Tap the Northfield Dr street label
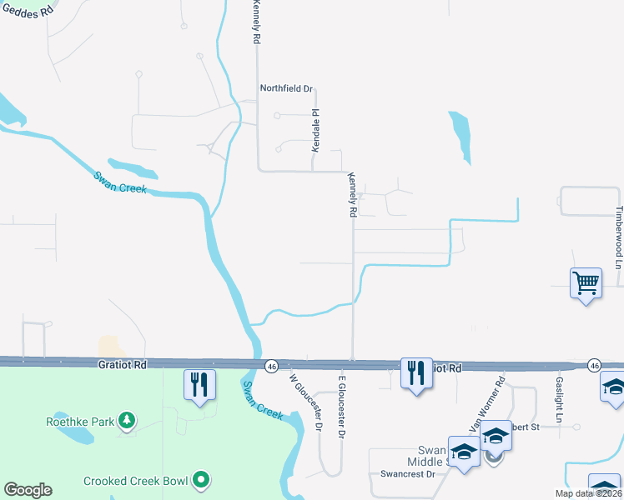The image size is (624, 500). [285, 88]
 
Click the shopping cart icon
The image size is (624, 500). [586, 283]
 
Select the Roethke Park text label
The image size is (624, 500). [79, 422]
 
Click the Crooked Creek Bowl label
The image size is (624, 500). [135, 481]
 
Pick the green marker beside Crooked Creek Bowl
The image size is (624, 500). [200, 481]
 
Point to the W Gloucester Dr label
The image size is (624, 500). [306, 402]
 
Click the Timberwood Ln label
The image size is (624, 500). [618, 237]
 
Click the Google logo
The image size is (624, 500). [28, 490]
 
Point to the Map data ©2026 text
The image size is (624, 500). [588, 493]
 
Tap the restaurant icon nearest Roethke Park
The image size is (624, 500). [199, 385]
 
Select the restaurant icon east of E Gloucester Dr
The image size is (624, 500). [416, 372]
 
